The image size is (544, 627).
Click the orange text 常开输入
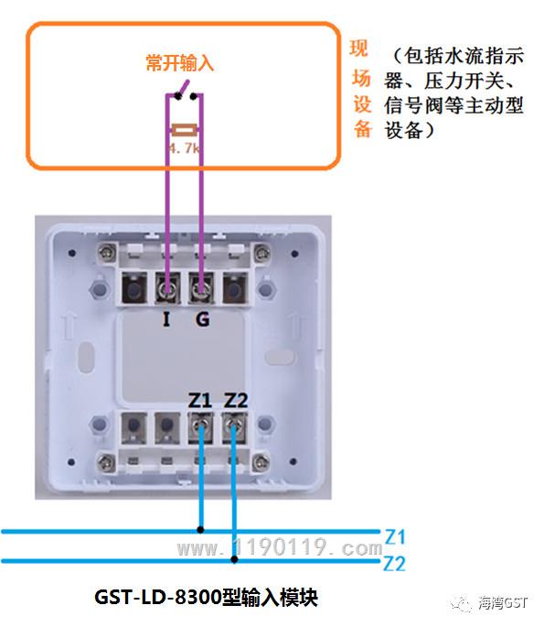(x=180, y=62)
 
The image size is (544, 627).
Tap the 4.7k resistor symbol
(x=184, y=130)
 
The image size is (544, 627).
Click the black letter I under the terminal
(x=166, y=319)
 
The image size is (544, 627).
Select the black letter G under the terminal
(x=202, y=319)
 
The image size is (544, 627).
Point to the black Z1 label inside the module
(x=199, y=400)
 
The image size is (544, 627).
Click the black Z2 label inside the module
(x=236, y=400)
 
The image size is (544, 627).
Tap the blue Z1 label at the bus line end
(x=395, y=536)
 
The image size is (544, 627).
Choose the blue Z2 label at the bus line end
(x=395, y=564)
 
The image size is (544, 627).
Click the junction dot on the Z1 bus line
(x=200, y=530)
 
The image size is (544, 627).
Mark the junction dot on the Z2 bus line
(x=234, y=559)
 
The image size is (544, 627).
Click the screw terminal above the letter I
(x=167, y=287)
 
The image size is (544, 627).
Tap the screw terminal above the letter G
(x=201, y=287)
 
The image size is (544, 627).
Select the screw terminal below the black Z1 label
(x=200, y=428)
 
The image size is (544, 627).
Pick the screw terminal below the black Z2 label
(x=234, y=428)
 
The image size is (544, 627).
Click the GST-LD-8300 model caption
(x=206, y=598)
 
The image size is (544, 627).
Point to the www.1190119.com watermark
(x=280, y=546)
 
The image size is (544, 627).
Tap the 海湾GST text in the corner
(x=503, y=602)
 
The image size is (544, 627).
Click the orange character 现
(x=358, y=49)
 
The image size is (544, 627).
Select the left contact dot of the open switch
(x=177, y=96)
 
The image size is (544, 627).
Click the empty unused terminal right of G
(x=235, y=287)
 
